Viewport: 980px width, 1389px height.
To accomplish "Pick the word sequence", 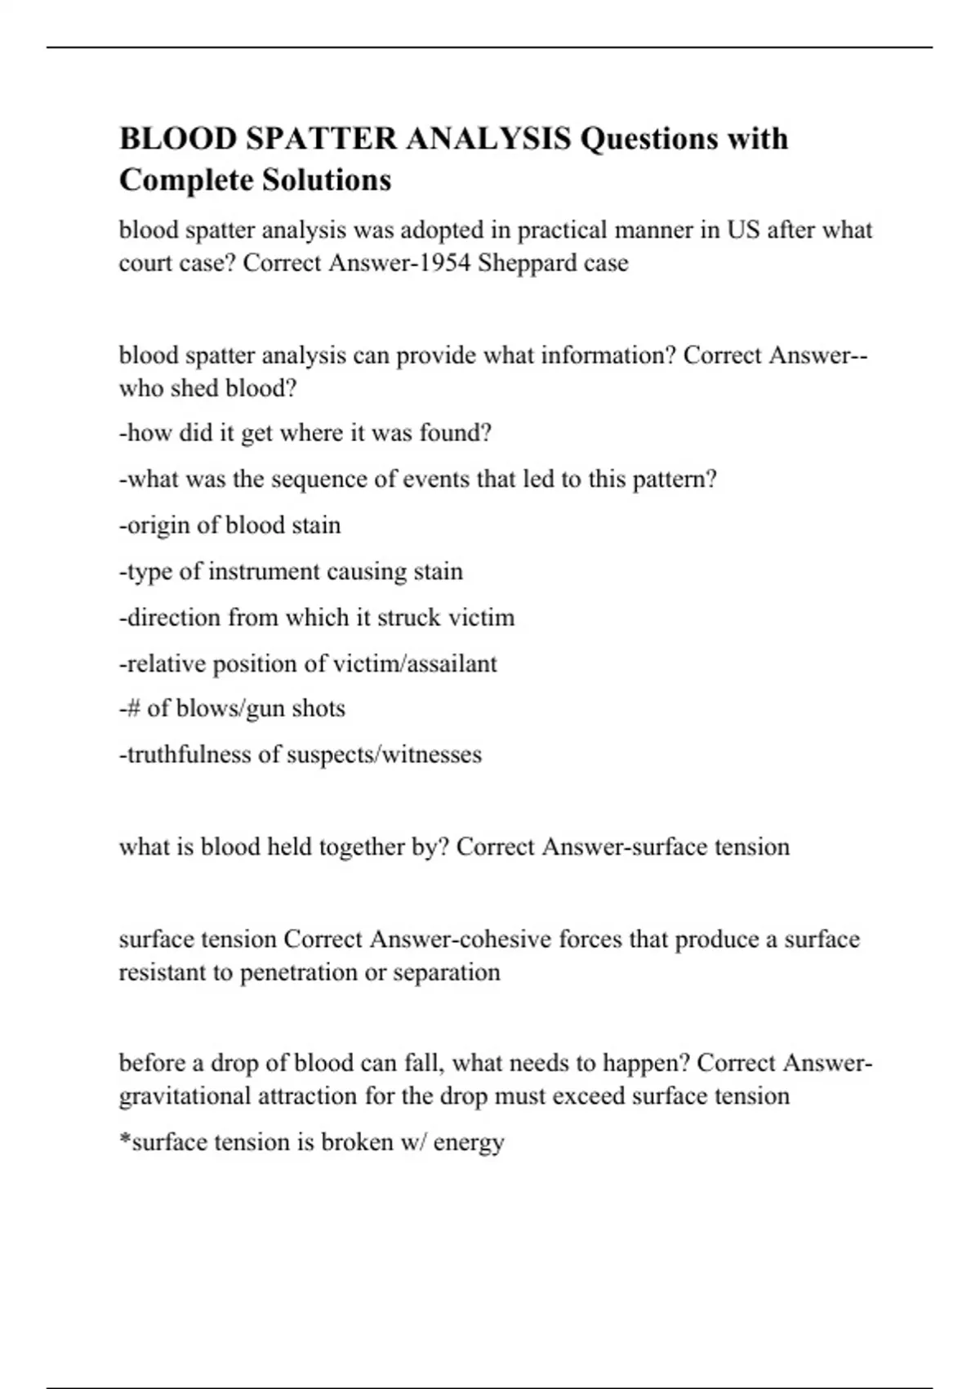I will pos(318,479).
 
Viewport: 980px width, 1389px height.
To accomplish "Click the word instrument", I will pos(264,571).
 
